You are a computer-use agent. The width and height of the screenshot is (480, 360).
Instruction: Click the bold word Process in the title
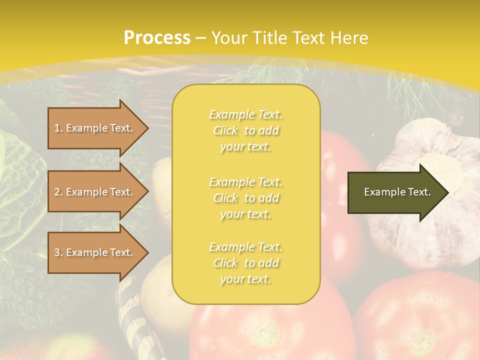pos(157,37)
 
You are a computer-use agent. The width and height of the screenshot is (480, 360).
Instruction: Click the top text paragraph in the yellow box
pos(245,130)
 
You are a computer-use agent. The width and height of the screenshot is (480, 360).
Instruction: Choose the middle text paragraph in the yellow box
pos(245,198)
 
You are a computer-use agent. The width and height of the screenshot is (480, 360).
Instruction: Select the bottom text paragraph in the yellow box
pos(245,263)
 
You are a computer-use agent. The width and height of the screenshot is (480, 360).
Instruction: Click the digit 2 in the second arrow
pos(56,192)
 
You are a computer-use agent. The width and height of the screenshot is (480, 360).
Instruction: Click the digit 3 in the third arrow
pos(56,252)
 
